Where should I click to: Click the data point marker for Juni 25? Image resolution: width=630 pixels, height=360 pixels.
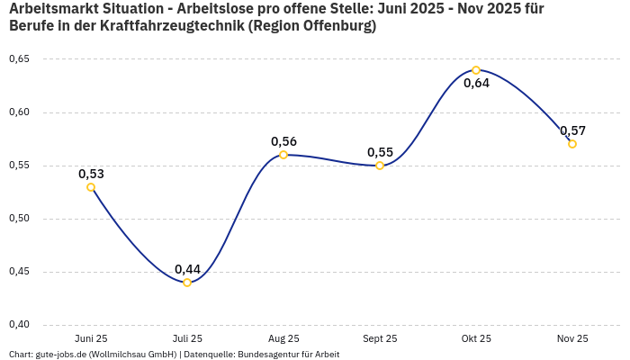[x=91, y=187]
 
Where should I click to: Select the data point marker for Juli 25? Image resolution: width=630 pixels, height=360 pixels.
[x=187, y=283]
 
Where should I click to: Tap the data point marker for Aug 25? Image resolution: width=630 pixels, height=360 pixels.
[x=283, y=155]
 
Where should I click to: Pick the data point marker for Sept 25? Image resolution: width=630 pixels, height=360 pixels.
[x=380, y=166]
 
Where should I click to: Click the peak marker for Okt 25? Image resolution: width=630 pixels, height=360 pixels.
[x=476, y=70]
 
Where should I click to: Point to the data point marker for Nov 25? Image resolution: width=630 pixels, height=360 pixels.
[x=572, y=144]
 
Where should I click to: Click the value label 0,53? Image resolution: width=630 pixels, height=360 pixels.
[x=91, y=174]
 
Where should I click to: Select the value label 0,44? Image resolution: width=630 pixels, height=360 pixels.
[x=187, y=269]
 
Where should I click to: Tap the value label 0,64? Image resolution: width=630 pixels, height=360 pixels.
[x=476, y=84]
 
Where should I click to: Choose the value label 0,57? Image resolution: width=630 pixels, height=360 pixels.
[x=572, y=130]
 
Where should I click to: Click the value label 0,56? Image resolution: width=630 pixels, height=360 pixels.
[x=283, y=141]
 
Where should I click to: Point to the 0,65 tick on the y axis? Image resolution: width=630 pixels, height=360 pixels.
[x=19, y=59]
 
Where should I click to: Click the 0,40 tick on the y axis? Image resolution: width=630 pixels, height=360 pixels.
[x=19, y=325]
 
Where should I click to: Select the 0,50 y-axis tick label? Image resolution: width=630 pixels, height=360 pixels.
[x=19, y=219]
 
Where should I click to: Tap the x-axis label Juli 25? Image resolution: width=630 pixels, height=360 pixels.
[x=187, y=339]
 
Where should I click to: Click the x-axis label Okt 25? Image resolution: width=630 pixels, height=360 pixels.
[x=476, y=339]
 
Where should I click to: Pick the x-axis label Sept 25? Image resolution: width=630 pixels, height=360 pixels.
[x=380, y=339]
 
